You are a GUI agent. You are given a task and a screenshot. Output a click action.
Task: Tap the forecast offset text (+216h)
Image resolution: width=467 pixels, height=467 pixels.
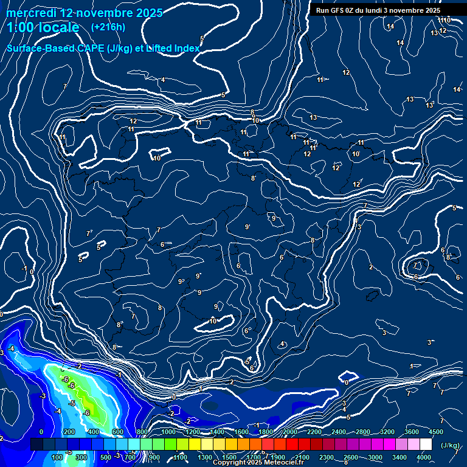pos(108,27)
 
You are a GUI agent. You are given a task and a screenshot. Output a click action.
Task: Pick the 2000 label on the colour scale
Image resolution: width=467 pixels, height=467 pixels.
pos(289,432)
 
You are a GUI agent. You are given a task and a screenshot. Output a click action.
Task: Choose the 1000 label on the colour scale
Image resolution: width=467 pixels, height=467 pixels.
pos(168,432)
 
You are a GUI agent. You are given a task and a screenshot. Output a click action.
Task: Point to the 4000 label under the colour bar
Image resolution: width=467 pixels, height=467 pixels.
pos(423,458)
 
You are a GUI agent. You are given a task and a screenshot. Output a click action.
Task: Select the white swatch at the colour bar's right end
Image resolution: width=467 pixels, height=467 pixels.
pos(426,445)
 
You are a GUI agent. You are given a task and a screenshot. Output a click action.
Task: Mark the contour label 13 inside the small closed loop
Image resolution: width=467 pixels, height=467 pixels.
pos(313,117)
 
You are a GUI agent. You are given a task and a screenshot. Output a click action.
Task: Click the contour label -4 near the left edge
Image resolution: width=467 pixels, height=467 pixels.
pos(11,348)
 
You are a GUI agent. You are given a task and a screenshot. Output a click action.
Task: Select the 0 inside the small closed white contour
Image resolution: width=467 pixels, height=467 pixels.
pos(347,382)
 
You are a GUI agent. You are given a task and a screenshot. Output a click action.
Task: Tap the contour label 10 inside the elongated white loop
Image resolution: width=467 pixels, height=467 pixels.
pos(213,321)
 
